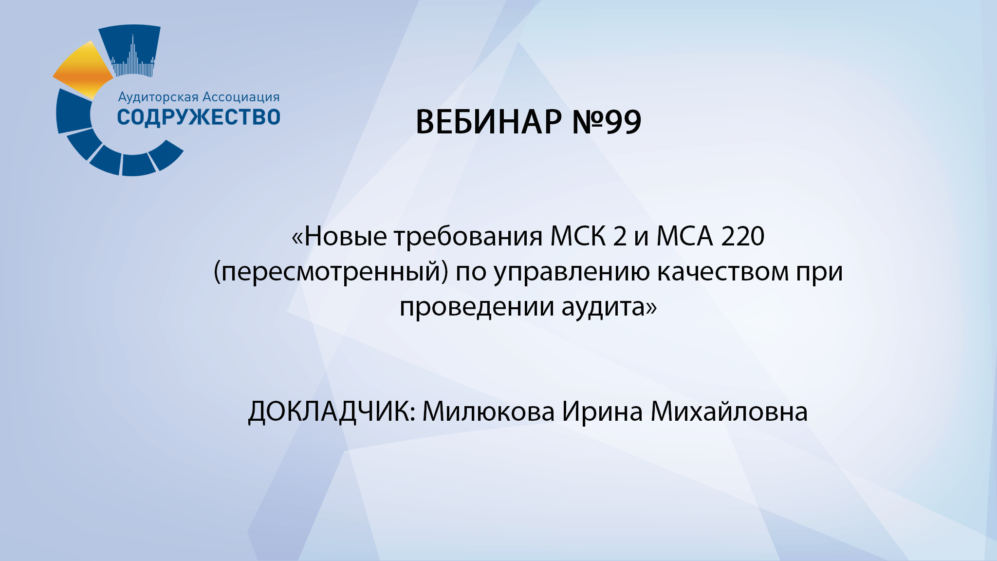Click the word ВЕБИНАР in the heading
488,122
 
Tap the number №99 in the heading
607,122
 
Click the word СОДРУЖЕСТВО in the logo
199,117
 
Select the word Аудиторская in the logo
158,97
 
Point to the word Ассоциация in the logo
241,97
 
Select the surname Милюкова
488,412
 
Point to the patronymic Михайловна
729,412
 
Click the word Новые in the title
345,237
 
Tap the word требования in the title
468,237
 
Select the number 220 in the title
743,237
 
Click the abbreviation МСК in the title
578,237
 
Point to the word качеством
723,272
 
